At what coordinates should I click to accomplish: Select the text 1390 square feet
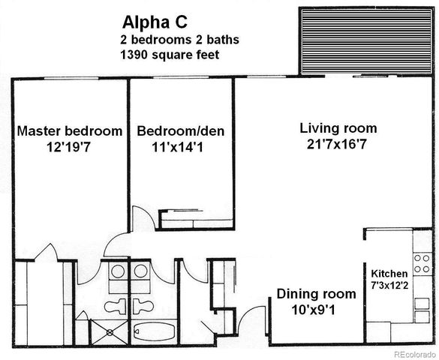(169, 55)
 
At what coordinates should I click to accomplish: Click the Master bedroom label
(69, 131)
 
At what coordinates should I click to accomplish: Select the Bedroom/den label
(180, 131)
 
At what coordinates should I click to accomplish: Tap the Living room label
(338, 127)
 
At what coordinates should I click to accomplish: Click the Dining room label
(316, 294)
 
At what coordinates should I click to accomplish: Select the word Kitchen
(389, 274)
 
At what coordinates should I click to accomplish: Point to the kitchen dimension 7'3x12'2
(389, 285)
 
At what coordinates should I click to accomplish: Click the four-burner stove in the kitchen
(422, 263)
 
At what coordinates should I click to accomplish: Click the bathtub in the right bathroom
(155, 330)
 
